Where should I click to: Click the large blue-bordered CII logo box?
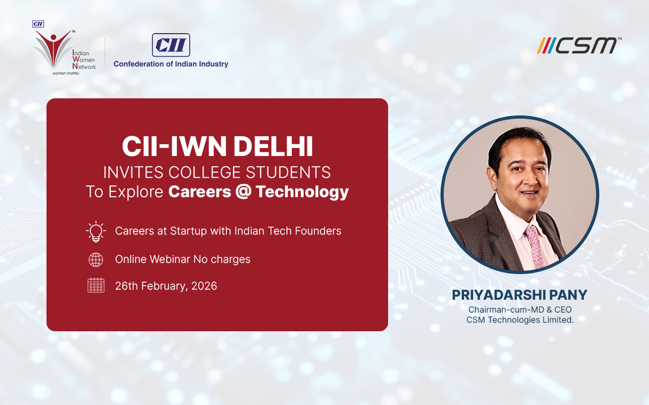(171, 45)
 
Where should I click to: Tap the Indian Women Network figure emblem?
(53, 49)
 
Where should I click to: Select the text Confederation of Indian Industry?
(171, 64)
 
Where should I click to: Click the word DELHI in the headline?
(273, 146)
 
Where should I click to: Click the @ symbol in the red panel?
(243, 192)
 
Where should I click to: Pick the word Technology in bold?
(302, 192)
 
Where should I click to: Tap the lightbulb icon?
(96, 231)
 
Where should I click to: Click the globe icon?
(96, 260)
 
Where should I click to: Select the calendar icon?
(96, 285)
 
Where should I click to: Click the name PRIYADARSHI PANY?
(520, 295)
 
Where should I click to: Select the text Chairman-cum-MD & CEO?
(520, 310)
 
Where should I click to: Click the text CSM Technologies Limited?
(520, 320)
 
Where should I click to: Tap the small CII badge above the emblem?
(38, 24)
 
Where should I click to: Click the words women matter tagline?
(66, 73)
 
